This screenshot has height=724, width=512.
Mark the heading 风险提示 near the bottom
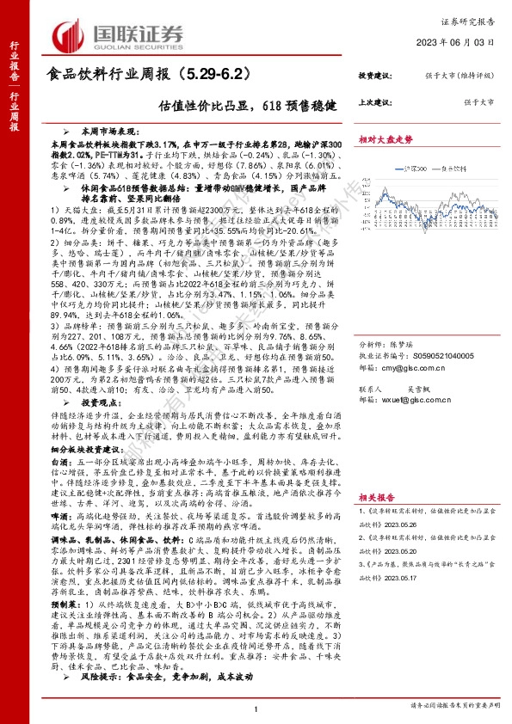[x=101, y=702]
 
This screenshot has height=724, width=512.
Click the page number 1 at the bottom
[x=256, y=710]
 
